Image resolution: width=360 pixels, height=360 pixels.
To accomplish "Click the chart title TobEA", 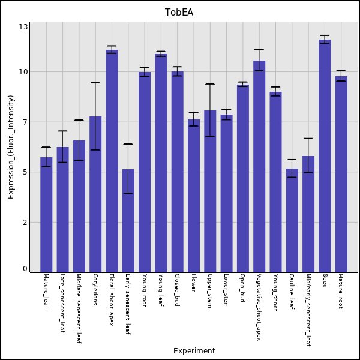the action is click(179, 13).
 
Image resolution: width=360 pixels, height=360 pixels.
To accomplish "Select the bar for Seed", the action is click(325, 156).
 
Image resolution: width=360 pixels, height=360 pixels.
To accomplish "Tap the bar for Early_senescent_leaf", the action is click(128, 221).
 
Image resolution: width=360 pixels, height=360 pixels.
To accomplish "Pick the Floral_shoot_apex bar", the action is click(112, 161).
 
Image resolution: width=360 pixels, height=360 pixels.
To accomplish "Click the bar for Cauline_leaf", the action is click(292, 220).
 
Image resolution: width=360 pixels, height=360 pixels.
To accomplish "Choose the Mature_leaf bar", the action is click(46, 215).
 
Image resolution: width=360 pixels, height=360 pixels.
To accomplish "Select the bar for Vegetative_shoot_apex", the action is click(259, 166).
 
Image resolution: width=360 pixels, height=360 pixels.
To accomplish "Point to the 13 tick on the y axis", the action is click(23, 27).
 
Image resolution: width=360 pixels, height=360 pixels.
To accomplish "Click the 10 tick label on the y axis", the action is click(23, 72).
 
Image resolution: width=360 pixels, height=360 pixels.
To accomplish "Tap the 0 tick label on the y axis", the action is click(25, 269).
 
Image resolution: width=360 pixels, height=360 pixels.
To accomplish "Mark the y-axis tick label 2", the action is click(25, 222).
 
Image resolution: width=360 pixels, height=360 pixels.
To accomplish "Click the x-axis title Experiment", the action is click(194, 351).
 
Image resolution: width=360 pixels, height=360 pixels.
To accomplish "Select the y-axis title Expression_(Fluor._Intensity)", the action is click(11, 147).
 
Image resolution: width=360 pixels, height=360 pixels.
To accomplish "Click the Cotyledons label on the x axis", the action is click(95, 289).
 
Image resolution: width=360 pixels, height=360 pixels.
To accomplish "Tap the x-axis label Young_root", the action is click(145, 290).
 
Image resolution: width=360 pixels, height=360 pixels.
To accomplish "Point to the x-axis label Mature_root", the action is click(341, 291).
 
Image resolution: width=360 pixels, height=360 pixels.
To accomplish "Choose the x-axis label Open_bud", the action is click(242, 287).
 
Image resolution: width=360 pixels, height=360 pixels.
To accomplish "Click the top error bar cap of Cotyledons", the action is click(95, 83).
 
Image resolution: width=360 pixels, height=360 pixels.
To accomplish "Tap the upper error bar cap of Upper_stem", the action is click(210, 84).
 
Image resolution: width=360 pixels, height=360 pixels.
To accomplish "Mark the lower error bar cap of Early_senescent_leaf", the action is click(128, 193).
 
